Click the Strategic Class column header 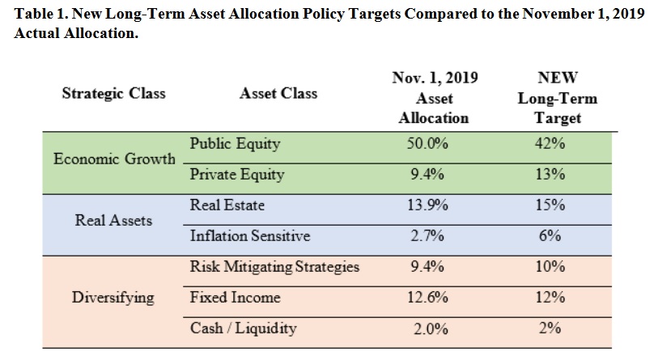coord(113,93)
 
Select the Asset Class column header coord(278,93)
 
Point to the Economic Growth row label coord(114,159)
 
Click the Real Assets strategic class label coord(113,220)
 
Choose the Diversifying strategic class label coord(113,297)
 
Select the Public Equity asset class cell coord(235,144)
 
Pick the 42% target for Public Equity coord(550,144)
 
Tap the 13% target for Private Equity coord(550,175)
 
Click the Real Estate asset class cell coord(227,205)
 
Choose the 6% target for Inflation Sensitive coord(550,236)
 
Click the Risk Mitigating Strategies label coord(274,267)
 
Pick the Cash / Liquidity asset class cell coord(243,328)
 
